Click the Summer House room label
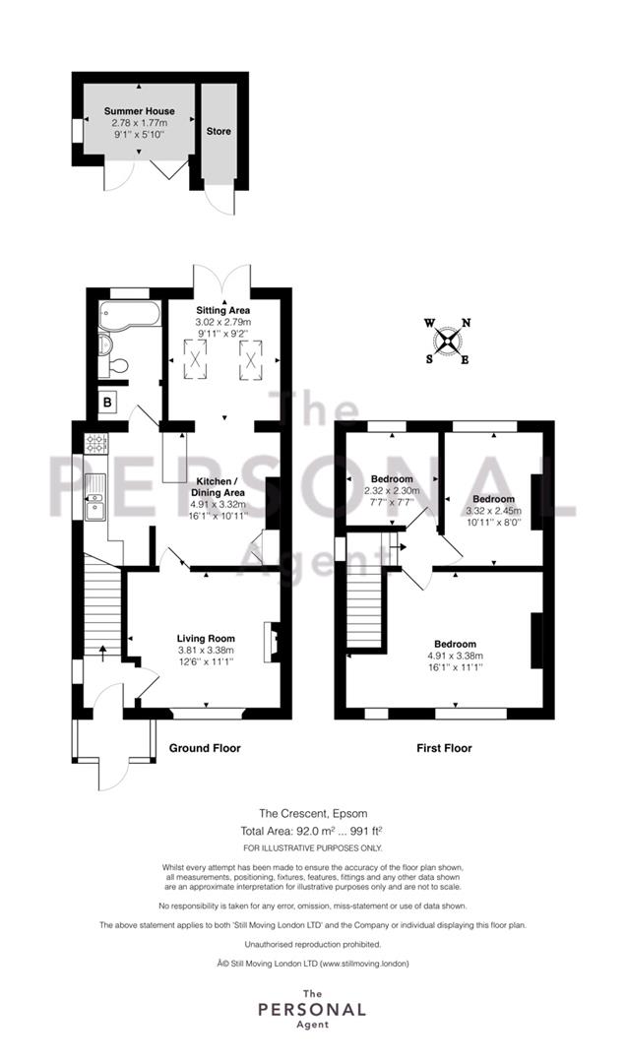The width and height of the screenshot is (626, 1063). (139, 111)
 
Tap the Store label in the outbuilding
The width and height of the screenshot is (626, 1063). (219, 132)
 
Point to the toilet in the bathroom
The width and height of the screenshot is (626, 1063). (114, 367)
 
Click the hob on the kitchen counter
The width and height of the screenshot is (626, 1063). (95, 444)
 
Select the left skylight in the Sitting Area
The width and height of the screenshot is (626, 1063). (196, 356)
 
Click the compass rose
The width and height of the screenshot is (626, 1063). (448, 341)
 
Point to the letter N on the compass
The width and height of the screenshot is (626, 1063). (467, 323)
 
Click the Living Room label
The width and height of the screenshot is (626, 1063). (206, 639)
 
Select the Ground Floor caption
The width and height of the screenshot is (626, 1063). (205, 748)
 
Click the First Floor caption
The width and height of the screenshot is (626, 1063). (444, 748)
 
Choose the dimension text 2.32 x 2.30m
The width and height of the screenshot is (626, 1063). (392, 490)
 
